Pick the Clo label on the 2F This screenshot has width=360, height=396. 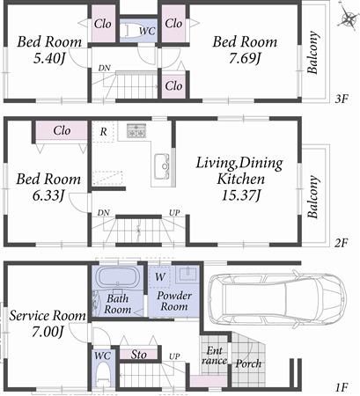pyautogui.click(x=61, y=130)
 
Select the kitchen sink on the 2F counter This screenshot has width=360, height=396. pyautogui.click(x=164, y=165)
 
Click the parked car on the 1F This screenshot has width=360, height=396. pyautogui.click(x=274, y=297)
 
